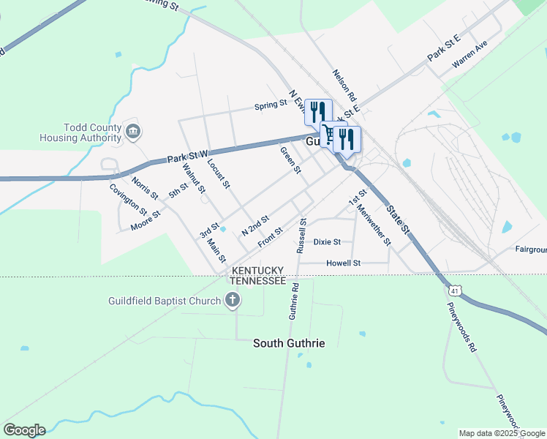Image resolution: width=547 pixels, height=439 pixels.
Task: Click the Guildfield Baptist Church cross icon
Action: pyautogui.click(x=233, y=300)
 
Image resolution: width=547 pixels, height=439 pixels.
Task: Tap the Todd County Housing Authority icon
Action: pyautogui.click(x=133, y=132)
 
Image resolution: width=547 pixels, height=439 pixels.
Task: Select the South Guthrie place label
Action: pyautogui.click(x=289, y=342)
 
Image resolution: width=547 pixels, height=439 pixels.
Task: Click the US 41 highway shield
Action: pyautogui.click(x=455, y=291)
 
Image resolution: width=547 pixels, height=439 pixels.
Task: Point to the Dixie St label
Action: pyautogui.click(x=327, y=241)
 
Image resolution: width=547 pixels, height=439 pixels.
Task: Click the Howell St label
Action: pyautogui.click(x=343, y=263)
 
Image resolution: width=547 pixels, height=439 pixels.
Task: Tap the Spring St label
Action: pyautogui.click(x=271, y=105)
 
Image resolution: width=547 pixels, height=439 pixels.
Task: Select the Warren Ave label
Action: pyautogui.click(x=469, y=56)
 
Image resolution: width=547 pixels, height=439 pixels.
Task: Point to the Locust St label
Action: pyautogui.click(x=219, y=173)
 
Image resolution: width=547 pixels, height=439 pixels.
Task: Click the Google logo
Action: pyautogui.click(x=24, y=430)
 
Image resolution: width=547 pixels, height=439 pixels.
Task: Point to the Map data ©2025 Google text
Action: pyautogui.click(x=501, y=433)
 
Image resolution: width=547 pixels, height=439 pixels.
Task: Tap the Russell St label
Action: pyautogui.click(x=301, y=235)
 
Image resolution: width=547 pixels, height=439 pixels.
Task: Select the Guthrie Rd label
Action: pyautogui.click(x=294, y=301)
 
